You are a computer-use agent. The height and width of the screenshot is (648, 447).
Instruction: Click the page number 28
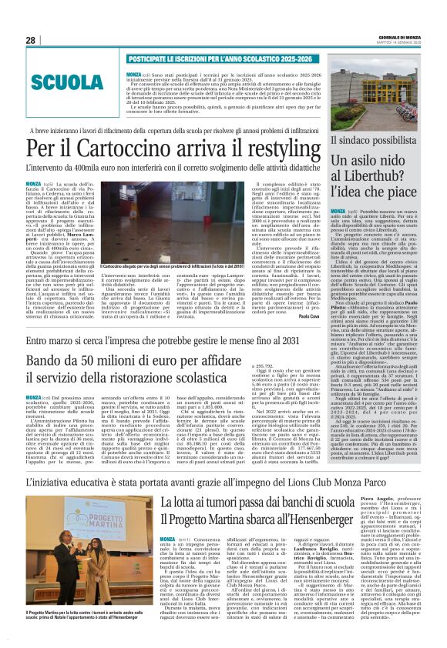(x=30, y=40)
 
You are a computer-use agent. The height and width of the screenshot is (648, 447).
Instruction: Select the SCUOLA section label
(x=70, y=82)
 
